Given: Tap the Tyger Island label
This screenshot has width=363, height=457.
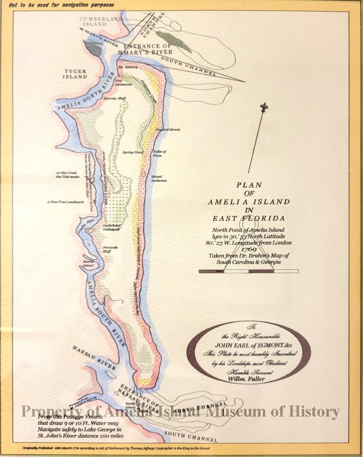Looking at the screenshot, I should [x=76, y=73].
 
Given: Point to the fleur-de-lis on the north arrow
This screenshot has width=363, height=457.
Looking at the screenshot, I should [x=263, y=107].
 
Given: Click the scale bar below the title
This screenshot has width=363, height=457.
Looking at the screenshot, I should [x=249, y=271].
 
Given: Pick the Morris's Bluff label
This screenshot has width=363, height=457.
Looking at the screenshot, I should [x=114, y=98].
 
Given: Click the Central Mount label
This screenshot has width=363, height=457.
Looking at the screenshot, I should [x=168, y=130].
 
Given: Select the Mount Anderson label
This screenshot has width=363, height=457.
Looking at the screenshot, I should [x=158, y=178].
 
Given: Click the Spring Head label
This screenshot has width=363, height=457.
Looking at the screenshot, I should [x=133, y=152].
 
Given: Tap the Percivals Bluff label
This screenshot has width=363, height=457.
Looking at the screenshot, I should [x=110, y=250].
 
